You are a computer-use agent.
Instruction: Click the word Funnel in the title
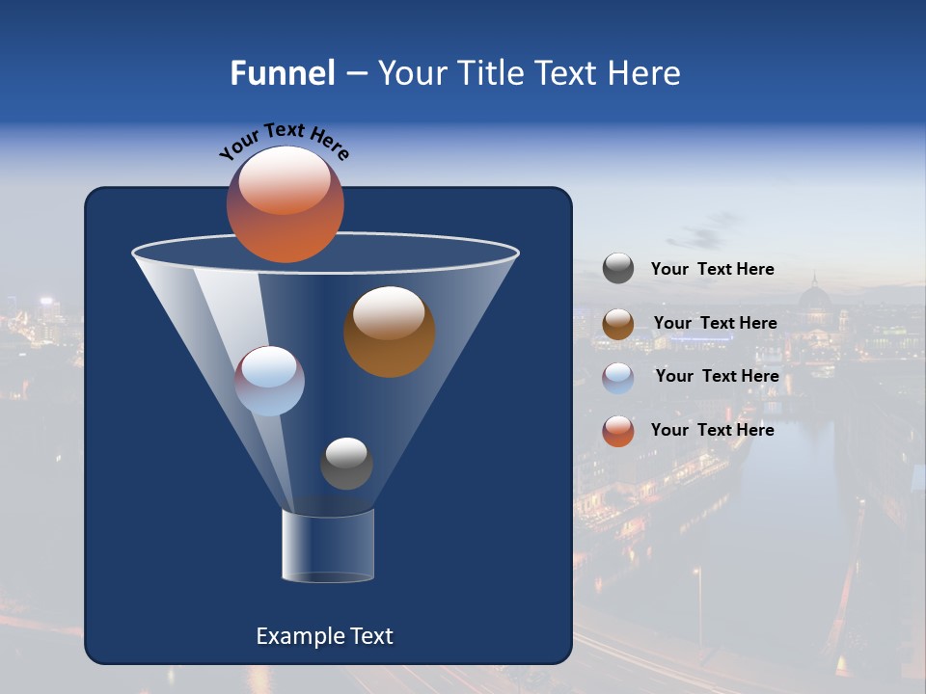[283, 73]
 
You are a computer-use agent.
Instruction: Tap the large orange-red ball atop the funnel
[285, 203]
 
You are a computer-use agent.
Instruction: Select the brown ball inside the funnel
[389, 332]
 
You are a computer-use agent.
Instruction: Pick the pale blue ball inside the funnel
[270, 381]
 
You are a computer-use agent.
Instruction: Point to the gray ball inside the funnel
[346, 464]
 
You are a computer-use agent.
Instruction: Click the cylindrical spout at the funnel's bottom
[327, 546]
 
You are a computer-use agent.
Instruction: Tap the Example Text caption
[324, 636]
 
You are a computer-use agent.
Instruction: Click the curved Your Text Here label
[284, 141]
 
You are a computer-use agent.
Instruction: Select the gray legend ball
[618, 269]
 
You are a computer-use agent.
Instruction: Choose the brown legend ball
[618, 324]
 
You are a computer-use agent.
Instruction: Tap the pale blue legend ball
[618, 377]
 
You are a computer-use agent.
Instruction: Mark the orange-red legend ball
[618, 431]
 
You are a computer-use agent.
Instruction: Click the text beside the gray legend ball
[712, 270]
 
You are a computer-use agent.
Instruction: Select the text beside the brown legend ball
[715, 324]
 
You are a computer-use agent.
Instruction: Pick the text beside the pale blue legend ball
[717, 377]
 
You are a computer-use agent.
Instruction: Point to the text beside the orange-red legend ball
[712, 431]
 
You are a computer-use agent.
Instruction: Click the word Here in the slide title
[643, 73]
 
